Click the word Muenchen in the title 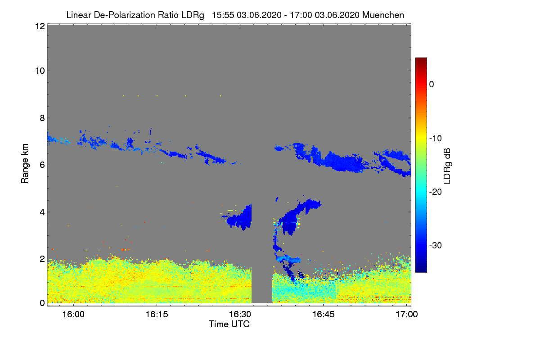click(383, 15)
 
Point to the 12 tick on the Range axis click(39, 26)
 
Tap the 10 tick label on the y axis click(39, 71)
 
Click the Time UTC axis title click(229, 324)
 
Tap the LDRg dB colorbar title click(447, 165)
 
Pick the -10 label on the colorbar click(435, 138)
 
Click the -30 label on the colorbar click(435, 246)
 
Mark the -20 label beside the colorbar click(435, 192)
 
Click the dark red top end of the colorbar click(421, 59)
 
